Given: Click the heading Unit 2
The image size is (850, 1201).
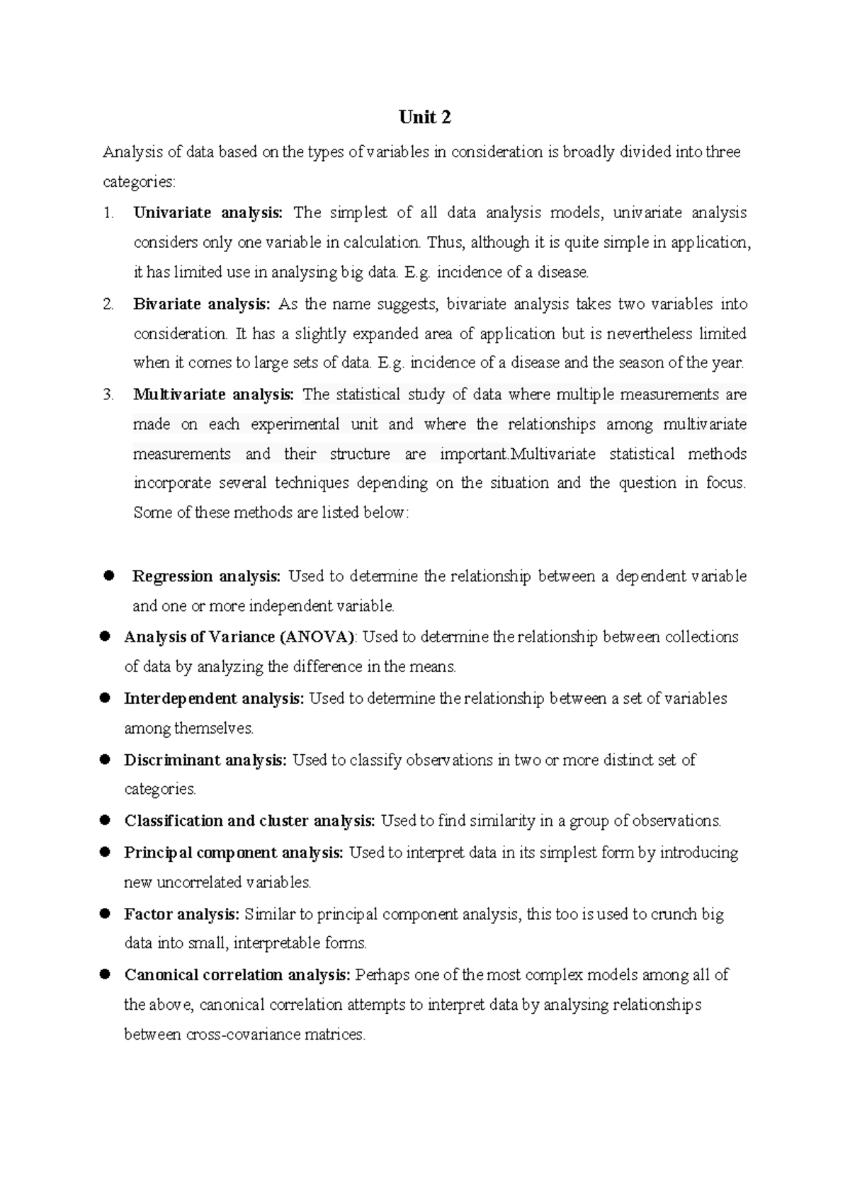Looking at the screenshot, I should pyautogui.click(x=424, y=118).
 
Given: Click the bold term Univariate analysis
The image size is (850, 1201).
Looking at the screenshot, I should pyautogui.click(x=208, y=212).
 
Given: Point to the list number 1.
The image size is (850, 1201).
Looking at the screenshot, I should pyautogui.click(x=108, y=212).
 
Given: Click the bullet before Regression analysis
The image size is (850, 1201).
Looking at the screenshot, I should pyautogui.click(x=108, y=575).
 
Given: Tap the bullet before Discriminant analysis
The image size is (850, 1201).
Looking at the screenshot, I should pyautogui.click(x=104, y=759).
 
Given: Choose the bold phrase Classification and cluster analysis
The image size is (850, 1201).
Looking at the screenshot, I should pyautogui.click(x=249, y=821).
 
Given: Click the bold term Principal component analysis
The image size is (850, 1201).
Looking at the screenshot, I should pyautogui.click(x=233, y=853).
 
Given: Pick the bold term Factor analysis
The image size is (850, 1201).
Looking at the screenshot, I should pyautogui.click(x=181, y=914).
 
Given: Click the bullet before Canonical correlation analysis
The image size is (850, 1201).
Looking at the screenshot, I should pyautogui.click(x=104, y=974).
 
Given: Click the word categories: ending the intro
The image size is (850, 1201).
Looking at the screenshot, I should pyautogui.click(x=138, y=182).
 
